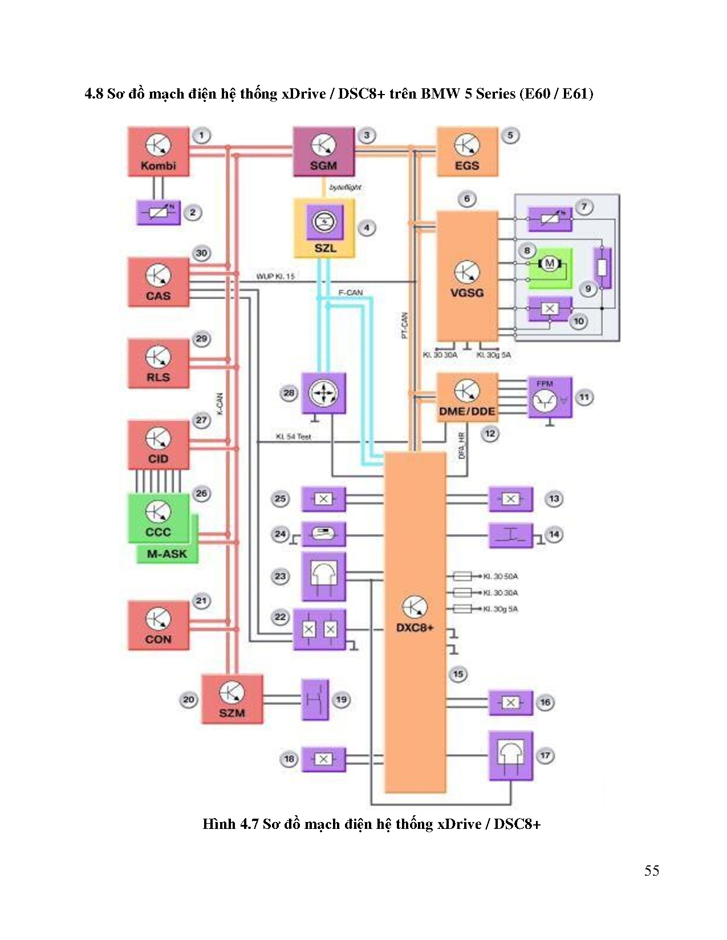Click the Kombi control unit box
click(158, 152)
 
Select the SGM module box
click(323, 152)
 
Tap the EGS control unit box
click(467, 152)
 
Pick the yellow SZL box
click(324, 228)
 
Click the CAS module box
click(158, 282)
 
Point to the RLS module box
click(158, 363)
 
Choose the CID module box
click(158, 445)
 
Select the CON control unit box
click(158, 625)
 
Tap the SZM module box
click(232, 699)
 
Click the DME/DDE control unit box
click(467, 398)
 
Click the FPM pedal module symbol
click(549, 397)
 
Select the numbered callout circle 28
click(289, 393)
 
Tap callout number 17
click(545, 755)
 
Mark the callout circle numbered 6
click(467, 199)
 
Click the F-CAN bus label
click(350, 292)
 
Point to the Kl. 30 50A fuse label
click(500, 576)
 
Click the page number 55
click(652, 870)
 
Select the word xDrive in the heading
click(303, 93)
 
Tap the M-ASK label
click(167, 554)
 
